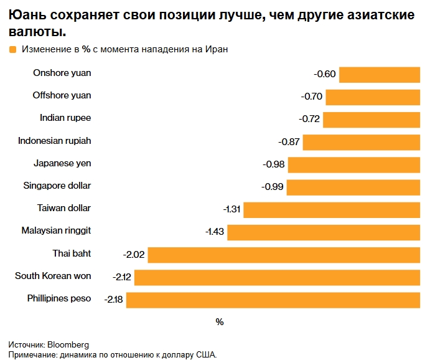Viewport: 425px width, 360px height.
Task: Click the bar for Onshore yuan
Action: click(379, 75)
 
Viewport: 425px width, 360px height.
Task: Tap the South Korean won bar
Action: click(276, 278)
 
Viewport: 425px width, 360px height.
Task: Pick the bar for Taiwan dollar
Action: click(331, 210)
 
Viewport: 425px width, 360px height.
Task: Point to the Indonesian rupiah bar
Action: click(361, 142)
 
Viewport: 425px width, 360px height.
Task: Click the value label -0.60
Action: click(325, 75)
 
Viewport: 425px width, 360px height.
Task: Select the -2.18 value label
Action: click(114, 300)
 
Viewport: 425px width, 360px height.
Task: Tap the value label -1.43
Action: click(215, 232)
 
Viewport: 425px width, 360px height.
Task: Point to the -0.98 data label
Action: click(274, 164)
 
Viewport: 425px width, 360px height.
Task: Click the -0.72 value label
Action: click(309, 120)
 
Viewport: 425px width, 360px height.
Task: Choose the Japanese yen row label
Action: click(62, 163)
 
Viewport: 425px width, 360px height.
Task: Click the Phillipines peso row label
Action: click(59, 298)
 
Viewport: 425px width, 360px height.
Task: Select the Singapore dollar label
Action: click(57, 186)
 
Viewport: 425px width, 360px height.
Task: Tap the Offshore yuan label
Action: click(62, 95)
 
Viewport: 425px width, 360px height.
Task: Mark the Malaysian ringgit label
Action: click(56, 230)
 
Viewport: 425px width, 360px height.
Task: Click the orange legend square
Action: click(12, 50)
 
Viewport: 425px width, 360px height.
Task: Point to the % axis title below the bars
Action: click(219, 322)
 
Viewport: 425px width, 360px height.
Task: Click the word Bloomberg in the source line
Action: click(68, 344)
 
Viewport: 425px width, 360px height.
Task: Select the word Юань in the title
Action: click(28, 15)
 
